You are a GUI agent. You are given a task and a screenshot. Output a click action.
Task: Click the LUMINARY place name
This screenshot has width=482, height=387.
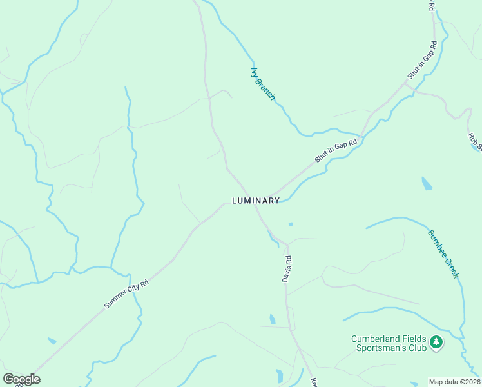[256, 201]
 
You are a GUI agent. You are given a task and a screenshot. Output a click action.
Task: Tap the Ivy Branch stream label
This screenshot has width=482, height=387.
[263, 84]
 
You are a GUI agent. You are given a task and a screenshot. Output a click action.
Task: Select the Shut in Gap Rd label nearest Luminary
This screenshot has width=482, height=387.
[336, 150]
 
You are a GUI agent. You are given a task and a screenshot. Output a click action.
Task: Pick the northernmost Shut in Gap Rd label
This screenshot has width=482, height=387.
[422, 61]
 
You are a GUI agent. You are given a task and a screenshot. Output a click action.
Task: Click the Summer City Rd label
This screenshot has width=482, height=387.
[127, 294]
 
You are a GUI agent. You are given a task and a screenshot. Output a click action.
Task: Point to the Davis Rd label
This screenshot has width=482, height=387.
[287, 268]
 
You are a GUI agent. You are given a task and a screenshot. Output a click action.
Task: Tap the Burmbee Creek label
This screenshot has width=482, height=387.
[443, 253]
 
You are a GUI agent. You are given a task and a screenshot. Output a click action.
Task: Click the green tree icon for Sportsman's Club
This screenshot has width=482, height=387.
[436, 342]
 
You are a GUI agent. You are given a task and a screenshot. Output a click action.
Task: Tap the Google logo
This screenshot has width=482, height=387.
[21, 379]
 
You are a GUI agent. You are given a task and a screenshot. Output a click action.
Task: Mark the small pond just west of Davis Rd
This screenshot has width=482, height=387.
[273, 319]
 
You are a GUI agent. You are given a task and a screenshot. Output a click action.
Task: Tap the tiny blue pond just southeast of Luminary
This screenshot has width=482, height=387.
[291, 224]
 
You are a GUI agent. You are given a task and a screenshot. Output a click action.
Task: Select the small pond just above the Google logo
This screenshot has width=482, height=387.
[52, 341]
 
